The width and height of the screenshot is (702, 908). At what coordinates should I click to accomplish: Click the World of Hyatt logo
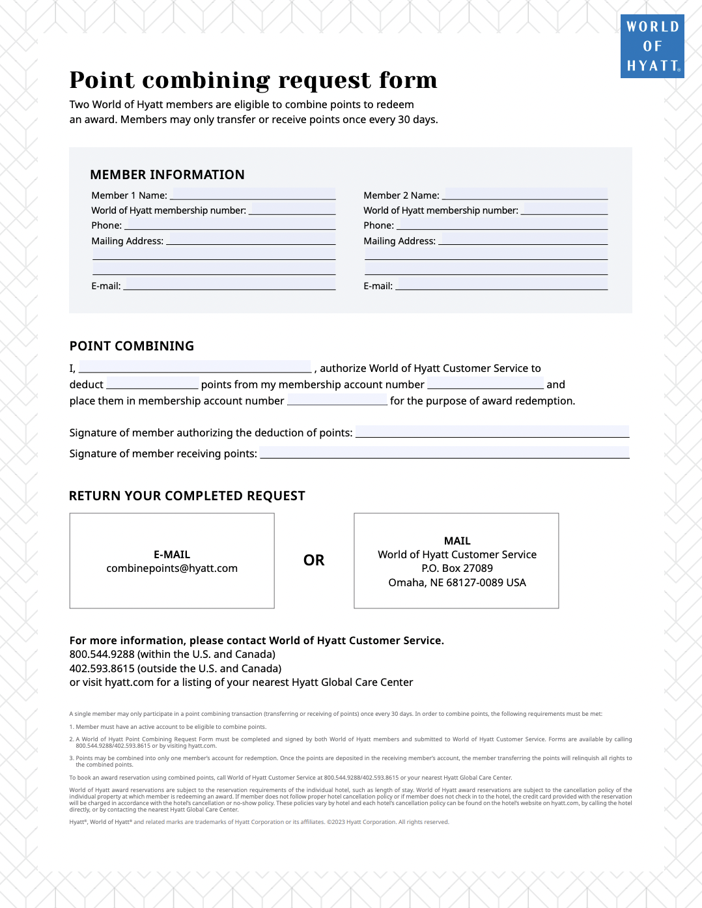(x=652, y=46)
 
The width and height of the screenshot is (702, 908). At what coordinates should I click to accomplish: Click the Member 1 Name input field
(x=253, y=194)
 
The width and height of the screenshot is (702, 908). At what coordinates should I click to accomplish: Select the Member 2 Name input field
(x=525, y=194)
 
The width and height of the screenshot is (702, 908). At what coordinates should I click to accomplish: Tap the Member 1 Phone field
(x=230, y=224)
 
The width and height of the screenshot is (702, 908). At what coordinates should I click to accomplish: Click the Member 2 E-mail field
(x=501, y=285)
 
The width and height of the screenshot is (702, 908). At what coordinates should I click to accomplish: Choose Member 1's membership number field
(x=292, y=209)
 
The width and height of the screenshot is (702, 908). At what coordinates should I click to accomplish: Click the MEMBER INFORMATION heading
(x=167, y=175)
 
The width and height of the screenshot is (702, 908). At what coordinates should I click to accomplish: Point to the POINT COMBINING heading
(x=132, y=346)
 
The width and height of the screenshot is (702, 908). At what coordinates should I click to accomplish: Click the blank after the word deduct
(x=152, y=384)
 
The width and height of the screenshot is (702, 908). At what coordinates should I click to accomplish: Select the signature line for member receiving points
(x=444, y=452)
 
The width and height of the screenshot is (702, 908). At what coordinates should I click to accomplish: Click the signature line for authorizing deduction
(x=492, y=431)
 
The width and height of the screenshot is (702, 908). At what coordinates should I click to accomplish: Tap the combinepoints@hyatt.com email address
(x=172, y=568)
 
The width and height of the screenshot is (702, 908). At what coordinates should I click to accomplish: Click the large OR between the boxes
(x=314, y=560)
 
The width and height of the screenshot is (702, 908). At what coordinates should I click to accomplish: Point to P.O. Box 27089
(x=457, y=568)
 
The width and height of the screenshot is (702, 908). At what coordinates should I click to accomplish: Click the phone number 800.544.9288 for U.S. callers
(x=102, y=654)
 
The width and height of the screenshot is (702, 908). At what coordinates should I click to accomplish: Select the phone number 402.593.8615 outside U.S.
(x=102, y=668)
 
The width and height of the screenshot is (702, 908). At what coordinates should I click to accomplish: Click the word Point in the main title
(x=102, y=80)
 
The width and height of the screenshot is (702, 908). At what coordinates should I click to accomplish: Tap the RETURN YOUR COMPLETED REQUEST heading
(x=187, y=496)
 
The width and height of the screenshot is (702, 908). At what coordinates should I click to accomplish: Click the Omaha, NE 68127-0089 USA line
(x=457, y=582)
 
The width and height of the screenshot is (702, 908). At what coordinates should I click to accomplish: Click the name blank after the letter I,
(x=195, y=367)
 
